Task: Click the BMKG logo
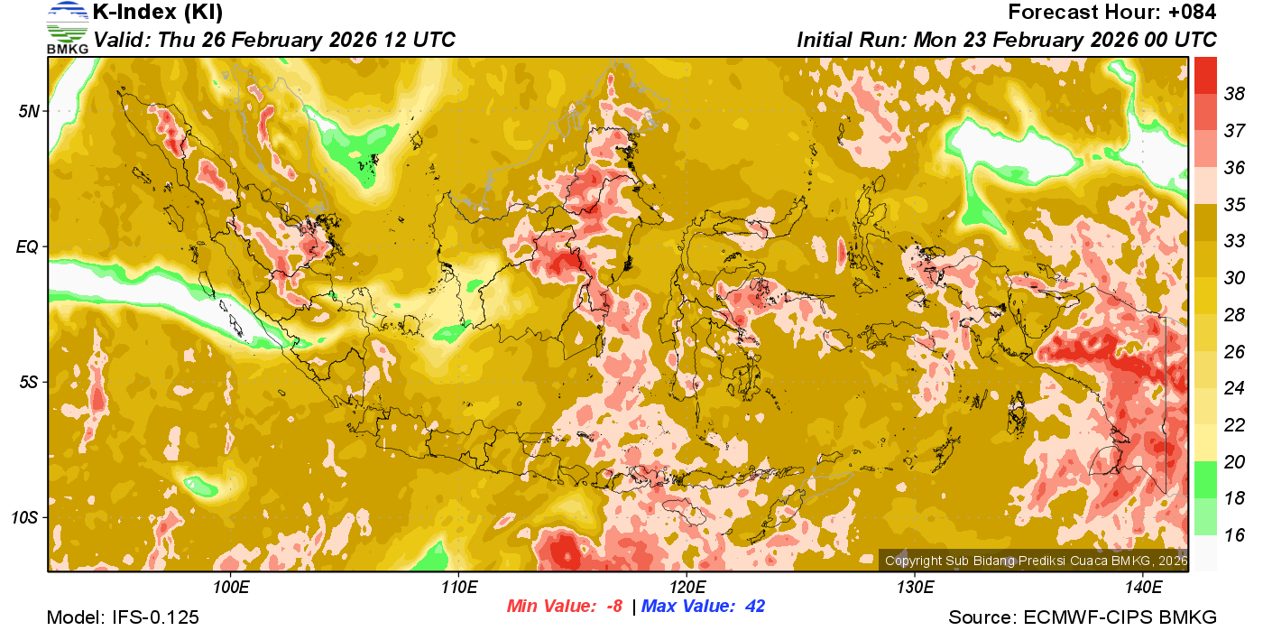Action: (x=68, y=27)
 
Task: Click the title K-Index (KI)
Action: (x=158, y=13)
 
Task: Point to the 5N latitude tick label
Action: (x=30, y=111)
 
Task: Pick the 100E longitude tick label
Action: (x=231, y=588)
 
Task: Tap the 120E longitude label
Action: (x=687, y=588)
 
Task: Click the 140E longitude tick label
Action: (x=1144, y=588)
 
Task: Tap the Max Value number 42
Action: (x=754, y=607)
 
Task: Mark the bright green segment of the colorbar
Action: (x=1206, y=479)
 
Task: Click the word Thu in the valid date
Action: (x=175, y=41)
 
